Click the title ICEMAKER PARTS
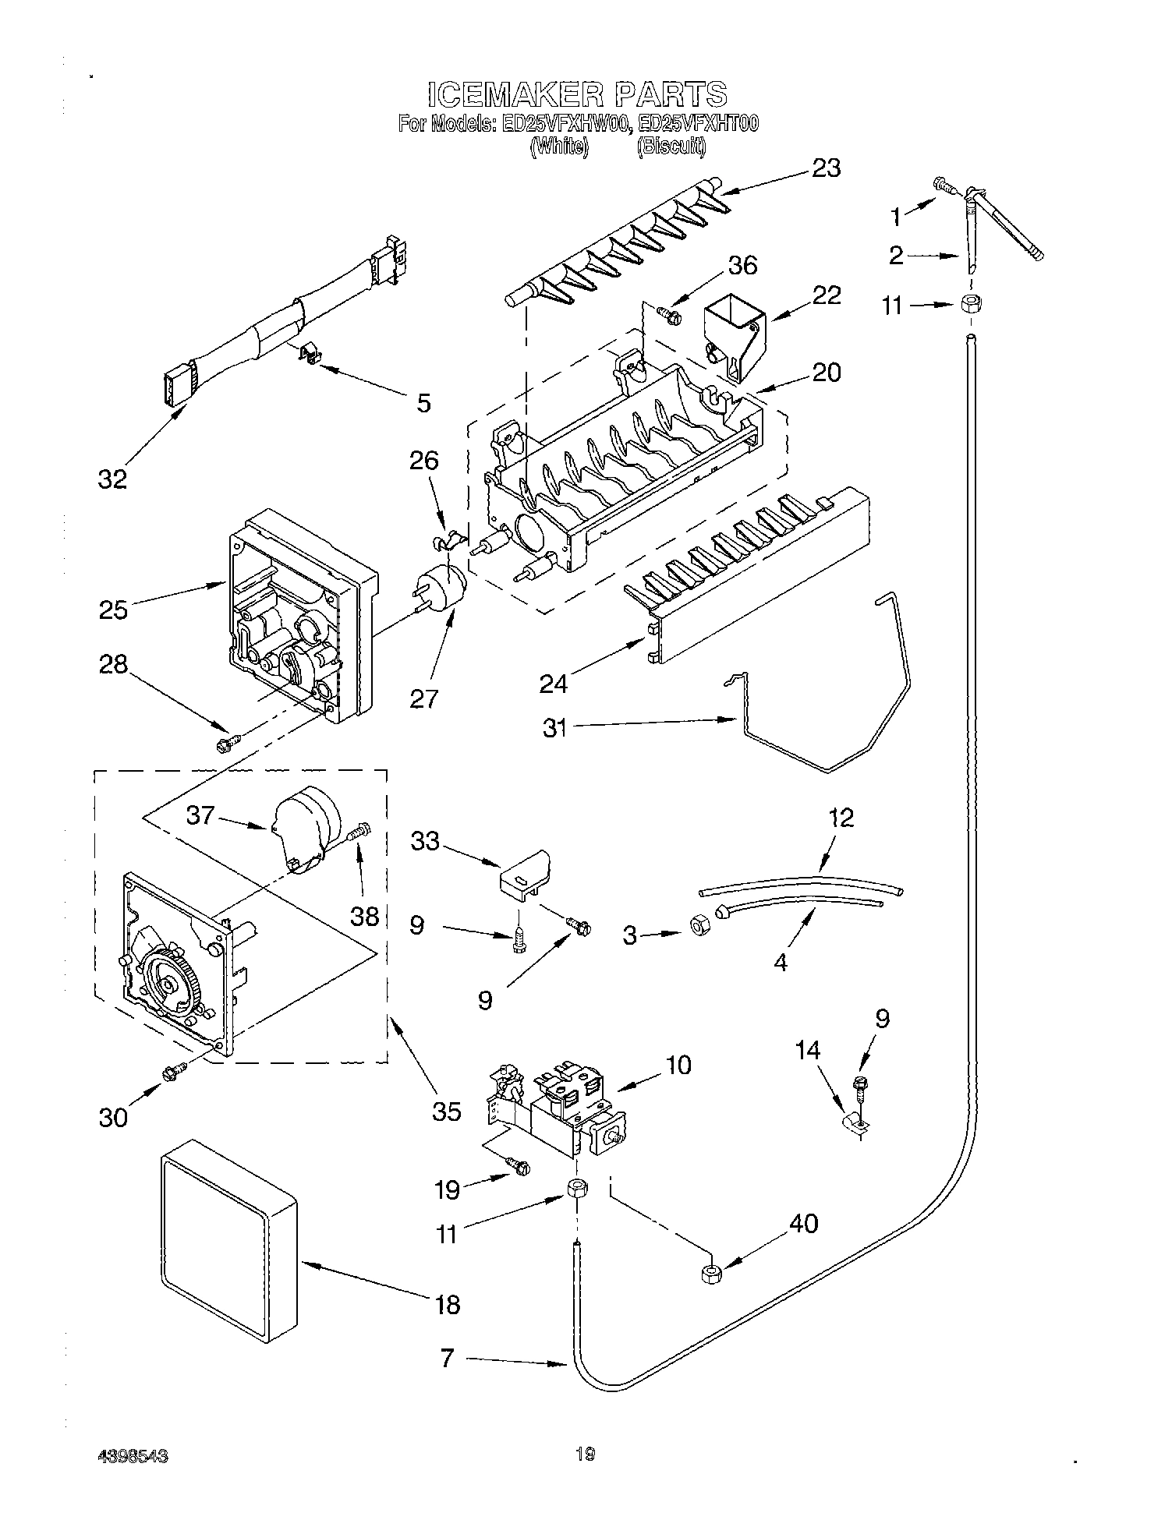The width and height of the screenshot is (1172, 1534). [577, 94]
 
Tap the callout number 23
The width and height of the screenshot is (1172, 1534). [825, 168]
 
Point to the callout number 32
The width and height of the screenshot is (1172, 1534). [112, 479]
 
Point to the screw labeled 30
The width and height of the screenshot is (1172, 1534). [173, 1073]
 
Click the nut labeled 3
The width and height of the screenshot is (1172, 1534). [699, 924]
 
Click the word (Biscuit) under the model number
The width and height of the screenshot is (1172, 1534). [671, 147]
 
